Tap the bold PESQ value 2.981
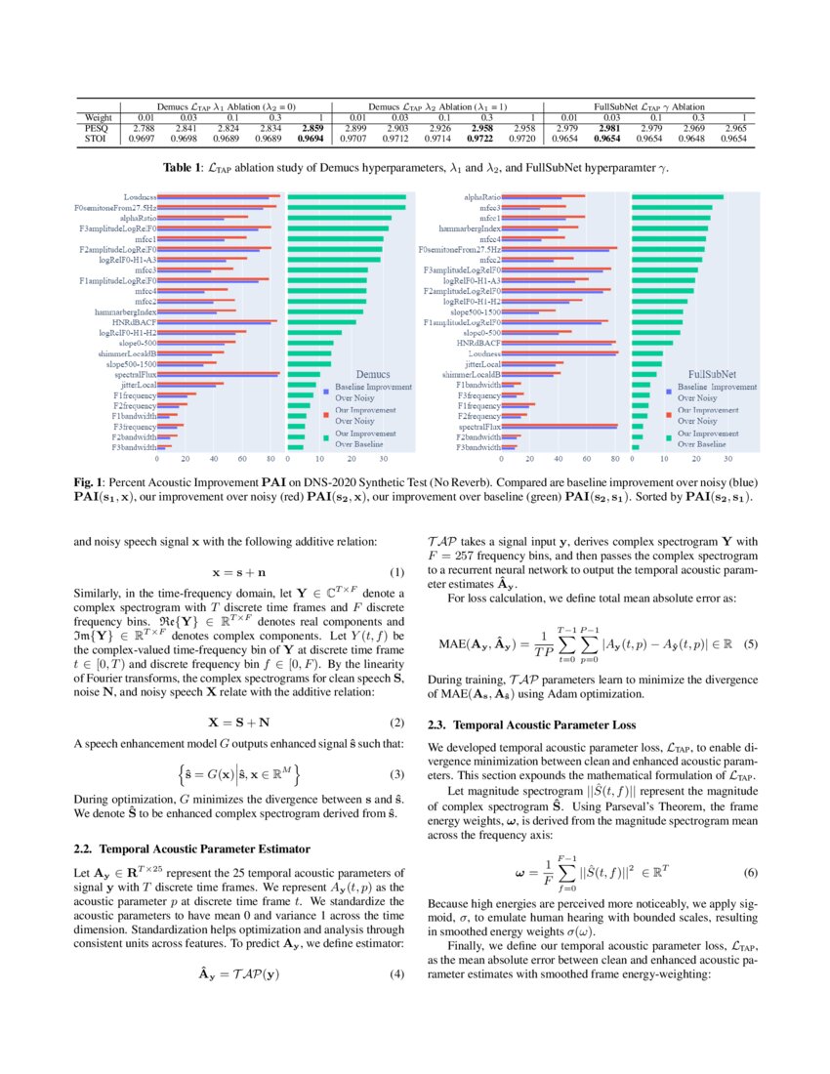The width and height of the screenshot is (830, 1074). pyautogui.click(x=609, y=128)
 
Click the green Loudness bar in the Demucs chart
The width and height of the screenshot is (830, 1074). pyautogui.click(x=333, y=197)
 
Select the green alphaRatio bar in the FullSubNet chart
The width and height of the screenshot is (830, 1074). pyautogui.click(x=678, y=197)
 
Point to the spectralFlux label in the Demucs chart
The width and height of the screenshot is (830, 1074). pyautogui.click(x=137, y=374)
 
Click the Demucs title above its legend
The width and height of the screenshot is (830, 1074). pyautogui.click(x=372, y=374)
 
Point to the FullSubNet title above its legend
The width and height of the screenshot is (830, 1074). pyautogui.click(x=713, y=374)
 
